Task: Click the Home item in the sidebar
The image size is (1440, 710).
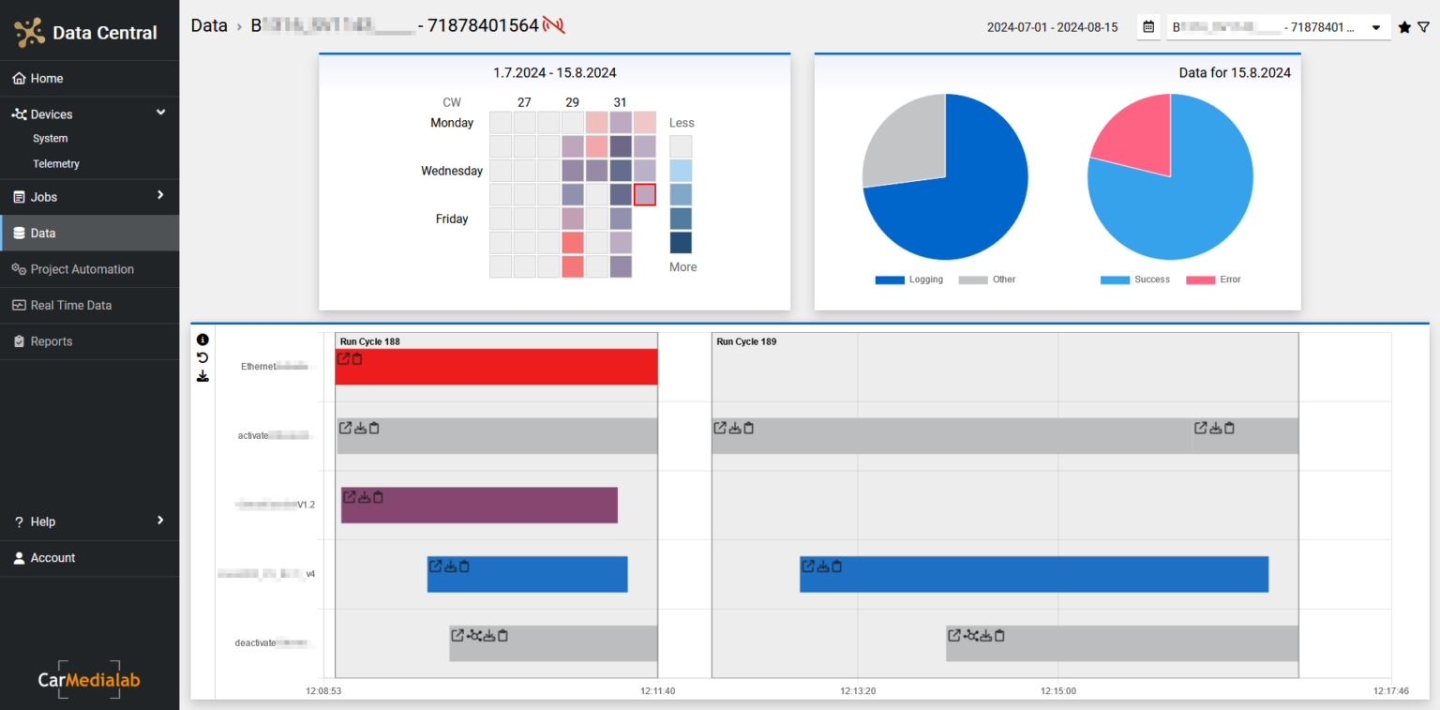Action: point(46,79)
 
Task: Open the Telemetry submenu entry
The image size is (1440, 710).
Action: point(55,164)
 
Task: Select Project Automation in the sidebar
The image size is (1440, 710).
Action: point(82,269)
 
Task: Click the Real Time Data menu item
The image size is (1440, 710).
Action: point(70,306)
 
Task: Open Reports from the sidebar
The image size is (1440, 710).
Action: point(51,341)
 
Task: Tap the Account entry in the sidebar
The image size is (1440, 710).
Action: point(52,558)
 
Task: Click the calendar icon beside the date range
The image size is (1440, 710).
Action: point(1148,27)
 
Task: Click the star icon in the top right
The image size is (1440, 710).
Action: point(1404,28)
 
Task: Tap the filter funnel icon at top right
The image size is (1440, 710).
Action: point(1423,28)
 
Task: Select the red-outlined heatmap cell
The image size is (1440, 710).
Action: point(644,194)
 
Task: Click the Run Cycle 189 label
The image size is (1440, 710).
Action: point(746,341)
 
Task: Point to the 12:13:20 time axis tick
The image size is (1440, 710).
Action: point(857,690)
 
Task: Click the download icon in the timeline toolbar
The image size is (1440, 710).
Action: point(202,376)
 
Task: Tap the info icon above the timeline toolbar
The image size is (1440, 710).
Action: point(202,340)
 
